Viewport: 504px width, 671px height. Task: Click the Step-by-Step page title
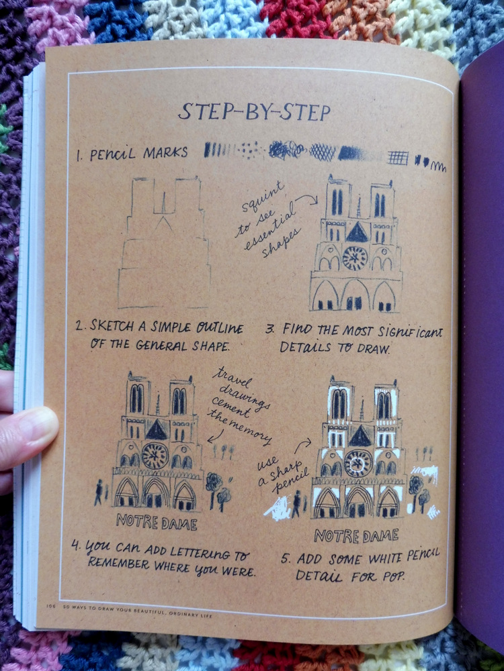255,111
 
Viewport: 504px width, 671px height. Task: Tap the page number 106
51,606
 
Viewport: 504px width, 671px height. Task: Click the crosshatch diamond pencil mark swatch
323,152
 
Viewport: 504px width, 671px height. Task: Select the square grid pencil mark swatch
398,158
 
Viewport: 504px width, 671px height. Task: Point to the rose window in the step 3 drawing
355,258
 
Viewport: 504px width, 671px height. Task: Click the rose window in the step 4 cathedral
155,456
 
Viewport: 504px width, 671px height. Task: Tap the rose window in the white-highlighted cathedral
358,464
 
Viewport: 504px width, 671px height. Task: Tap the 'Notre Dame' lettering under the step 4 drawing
157,522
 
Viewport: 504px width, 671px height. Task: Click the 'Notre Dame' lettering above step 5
356,535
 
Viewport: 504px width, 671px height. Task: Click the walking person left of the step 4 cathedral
99,492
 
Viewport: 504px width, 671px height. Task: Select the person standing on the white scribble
296,504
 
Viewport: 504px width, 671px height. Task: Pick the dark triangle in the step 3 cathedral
357,232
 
